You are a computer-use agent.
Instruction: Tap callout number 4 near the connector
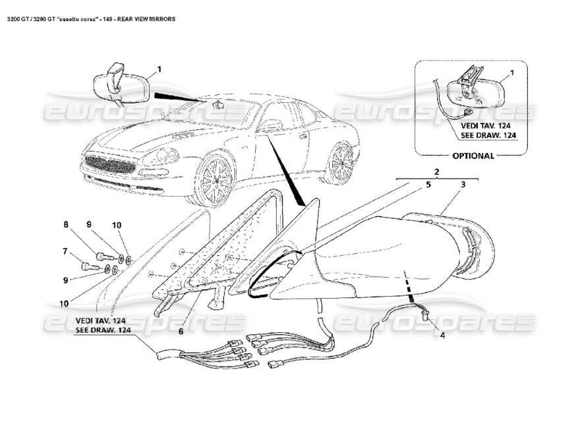[x=442, y=335]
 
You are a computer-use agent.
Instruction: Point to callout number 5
[x=428, y=185]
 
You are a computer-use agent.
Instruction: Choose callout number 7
[x=65, y=251]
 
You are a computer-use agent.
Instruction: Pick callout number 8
[x=66, y=225]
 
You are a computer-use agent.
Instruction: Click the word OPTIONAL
[x=473, y=156]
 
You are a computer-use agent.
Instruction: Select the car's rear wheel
[x=341, y=162]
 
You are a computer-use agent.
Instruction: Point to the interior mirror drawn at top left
[x=119, y=85]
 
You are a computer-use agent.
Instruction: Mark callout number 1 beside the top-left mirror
[x=159, y=69]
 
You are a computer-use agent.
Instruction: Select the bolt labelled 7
[x=86, y=267]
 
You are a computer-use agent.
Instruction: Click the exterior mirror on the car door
[x=271, y=125]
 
